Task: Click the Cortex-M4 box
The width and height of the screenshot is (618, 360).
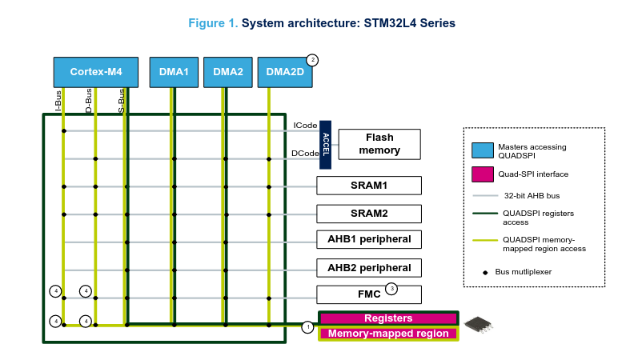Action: [x=96, y=72]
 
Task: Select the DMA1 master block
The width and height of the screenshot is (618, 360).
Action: [x=174, y=72]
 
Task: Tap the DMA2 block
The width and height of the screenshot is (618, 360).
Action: [x=228, y=72]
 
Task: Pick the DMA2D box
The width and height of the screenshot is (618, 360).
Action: [x=285, y=72]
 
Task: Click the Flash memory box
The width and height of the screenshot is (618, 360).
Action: [x=379, y=144]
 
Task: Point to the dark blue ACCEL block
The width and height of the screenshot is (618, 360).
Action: [x=325, y=145]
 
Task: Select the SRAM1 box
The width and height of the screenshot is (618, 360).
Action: [x=369, y=186]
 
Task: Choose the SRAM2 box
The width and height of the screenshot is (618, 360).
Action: [x=369, y=214]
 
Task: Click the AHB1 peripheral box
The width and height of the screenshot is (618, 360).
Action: [x=369, y=239]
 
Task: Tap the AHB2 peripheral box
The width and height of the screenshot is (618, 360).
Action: [x=369, y=268]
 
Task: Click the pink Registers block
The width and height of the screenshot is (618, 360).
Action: [x=388, y=318]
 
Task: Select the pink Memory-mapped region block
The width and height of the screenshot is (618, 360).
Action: [x=388, y=334]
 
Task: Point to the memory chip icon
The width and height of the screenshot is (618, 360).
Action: [x=479, y=325]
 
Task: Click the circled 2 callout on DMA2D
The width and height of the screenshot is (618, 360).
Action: [x=312, y=60]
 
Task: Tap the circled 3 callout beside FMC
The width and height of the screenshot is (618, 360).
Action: [x=391, y=289]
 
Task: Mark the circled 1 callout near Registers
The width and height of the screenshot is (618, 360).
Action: [x=308, y=327]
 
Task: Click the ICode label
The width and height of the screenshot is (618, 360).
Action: [x=305, y=126]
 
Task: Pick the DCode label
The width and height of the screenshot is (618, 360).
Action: [x=305, y=154]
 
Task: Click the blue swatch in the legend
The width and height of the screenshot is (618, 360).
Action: [x=483, y=150]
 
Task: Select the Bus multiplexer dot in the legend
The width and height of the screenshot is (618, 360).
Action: [x=485, y=273]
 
